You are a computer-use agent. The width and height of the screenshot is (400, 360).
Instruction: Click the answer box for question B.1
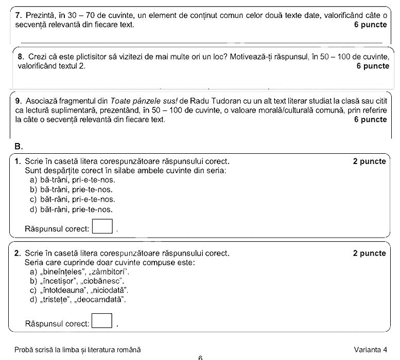pyautogui.click(x=102, y=226)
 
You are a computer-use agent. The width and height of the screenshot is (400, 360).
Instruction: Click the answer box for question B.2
pyautogui.click(x=102, y=321)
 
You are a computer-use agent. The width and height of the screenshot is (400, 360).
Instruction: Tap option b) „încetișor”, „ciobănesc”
pyautogui.click(x=77, y=281)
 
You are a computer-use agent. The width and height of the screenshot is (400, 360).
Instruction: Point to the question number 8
pyautogui.click(x=21, y=57)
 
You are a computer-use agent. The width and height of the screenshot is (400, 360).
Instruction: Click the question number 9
pyautogui.click(x=19, y=100)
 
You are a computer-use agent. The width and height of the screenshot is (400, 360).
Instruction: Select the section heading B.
pyautogui.click(x=19, y=146)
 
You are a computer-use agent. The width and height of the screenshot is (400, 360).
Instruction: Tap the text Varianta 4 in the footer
pyautogui.click(x=370, y=349)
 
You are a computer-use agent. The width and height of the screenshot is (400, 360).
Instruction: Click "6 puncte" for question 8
pyautogui.click(x=372, y=66)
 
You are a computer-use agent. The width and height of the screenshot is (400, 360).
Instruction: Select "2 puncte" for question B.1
pyautogui.click(x=369, y=161)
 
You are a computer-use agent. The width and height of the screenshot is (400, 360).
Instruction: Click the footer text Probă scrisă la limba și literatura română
pyautogui.click(x=77, y=349)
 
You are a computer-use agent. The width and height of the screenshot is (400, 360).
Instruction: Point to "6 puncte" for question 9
pyautogui.click(x=370, y=119)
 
